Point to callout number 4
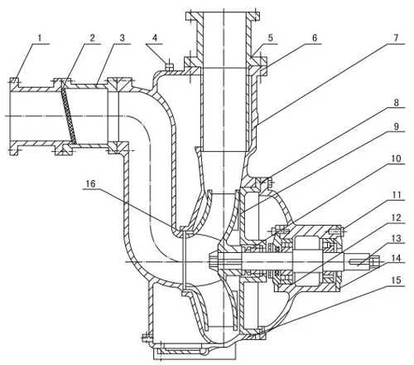click(156, 37)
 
